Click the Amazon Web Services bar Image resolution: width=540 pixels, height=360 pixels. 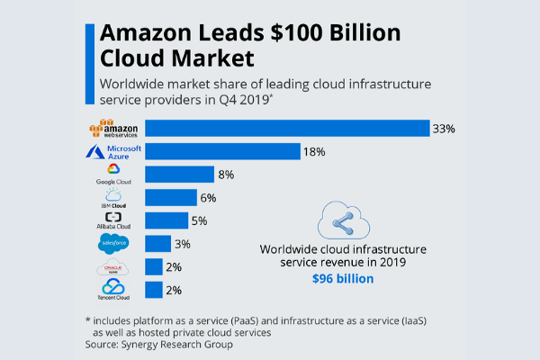pyautogui.click(x=287, y=128)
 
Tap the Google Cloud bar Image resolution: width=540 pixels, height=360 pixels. pyautogui.click(x=179, y=175)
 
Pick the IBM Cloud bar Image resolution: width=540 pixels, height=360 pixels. pyautogui.click(x=171, y=197)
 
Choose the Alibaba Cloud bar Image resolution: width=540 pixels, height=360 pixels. pyautogui.click(x=166, y=220)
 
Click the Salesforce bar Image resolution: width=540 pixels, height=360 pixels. pyautogui.click(x=157, y=244)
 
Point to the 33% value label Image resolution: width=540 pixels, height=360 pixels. pyautogui.click(x=444, y=129)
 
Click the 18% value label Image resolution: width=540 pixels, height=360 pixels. pyautogui.click(x=314, y=151)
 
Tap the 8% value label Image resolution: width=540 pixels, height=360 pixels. pyautogui.click(x=225, y=175)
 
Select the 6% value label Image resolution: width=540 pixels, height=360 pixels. pyautogui.click(x=208, y=197)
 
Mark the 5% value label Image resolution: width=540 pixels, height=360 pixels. pyautogui.click(x=200, y=220)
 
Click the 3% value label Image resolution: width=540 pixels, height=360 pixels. pyautogui.click(x=183, y=244)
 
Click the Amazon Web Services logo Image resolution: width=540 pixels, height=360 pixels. pyautogui.click(x=113, y=128)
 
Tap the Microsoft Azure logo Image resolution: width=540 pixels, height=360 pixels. pyautogui.click(x=113, y=150)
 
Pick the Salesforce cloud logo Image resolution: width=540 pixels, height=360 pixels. pyautogui.click(x=113, y=244)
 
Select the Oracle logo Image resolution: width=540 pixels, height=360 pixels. pyautogui.click(x=113, y=267)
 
